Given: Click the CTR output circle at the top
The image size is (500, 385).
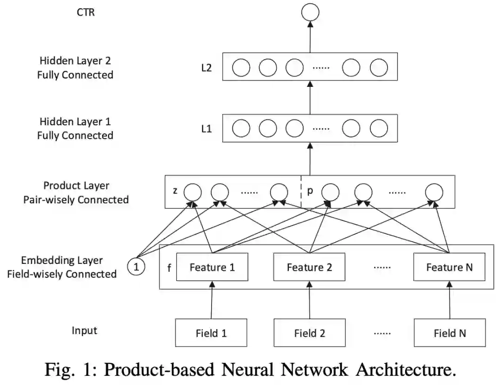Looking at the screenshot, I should click(x=309, y=12).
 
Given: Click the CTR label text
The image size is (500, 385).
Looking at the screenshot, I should click(x=86, y=12).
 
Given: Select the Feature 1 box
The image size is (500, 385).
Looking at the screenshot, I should click(x=212, y=267).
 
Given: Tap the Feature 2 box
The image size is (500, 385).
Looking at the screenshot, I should click(x=309, y=267).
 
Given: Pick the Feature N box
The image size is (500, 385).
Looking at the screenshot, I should click(x=450, y=267).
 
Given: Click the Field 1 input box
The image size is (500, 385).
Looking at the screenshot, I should click(x=211, y=333).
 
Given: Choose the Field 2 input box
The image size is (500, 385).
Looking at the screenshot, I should click(x=309, y=333).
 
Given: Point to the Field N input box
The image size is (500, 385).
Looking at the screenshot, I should click(x=450, y=333).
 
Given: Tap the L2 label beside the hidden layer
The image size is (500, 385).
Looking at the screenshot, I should click(x=206, y=68).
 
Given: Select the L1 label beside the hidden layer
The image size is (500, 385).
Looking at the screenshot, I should click(x=206, y=129).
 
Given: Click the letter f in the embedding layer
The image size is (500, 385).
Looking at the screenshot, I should click(x=169, y=268).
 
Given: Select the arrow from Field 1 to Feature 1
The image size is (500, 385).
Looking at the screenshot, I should click(x=212, y=300).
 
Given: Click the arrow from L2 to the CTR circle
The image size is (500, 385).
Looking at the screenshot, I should click(x=310, y=37).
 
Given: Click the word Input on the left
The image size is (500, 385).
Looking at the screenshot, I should click(x=84, y=330).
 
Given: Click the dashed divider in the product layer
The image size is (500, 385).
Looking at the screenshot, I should click(x=301, y=191).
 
